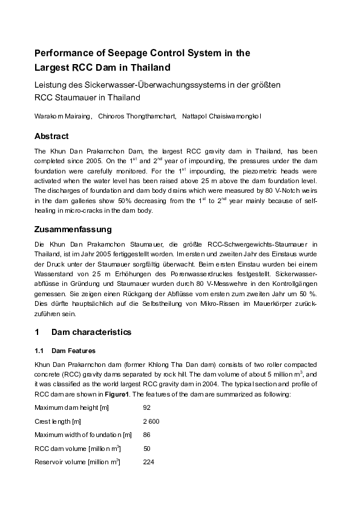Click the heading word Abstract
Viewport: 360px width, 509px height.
pos(51,136)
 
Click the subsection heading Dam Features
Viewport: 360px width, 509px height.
pos(73,351)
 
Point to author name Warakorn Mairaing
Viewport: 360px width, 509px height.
pos(62,116)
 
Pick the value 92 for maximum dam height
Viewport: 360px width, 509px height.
pos(146,407)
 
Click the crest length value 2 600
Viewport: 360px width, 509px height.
pos(151,421)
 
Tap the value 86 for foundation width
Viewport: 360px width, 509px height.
pos(146,435)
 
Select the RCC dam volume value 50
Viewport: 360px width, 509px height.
pos(146,449)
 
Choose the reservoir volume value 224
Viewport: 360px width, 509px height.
pos(148,462)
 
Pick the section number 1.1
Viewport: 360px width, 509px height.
pos(39,351)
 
